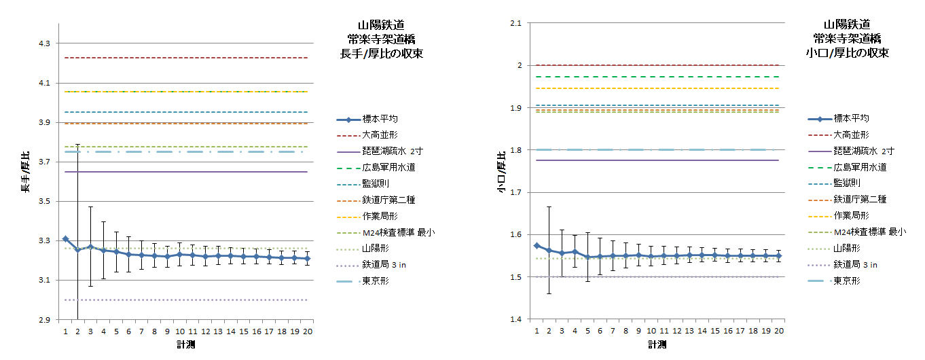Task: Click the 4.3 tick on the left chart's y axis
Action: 44,43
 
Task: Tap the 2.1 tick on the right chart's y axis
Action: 515,23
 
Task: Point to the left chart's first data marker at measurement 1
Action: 65,239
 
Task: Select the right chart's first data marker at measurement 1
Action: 537,246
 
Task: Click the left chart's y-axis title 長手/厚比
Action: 26,172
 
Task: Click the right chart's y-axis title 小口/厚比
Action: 501,172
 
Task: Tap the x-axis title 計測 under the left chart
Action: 186,344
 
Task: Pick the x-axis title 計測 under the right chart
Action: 657,344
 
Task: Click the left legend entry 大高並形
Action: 380,135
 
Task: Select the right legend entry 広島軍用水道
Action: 860,167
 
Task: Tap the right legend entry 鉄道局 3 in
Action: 855,265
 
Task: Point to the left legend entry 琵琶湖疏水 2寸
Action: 393,151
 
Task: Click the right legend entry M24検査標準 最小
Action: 870,232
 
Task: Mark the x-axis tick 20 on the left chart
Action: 308,331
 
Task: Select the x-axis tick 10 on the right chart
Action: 651,331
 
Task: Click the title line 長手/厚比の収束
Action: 381,54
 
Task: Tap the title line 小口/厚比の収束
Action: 848,53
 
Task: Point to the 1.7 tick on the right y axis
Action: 515,192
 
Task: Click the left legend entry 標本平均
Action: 380,119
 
